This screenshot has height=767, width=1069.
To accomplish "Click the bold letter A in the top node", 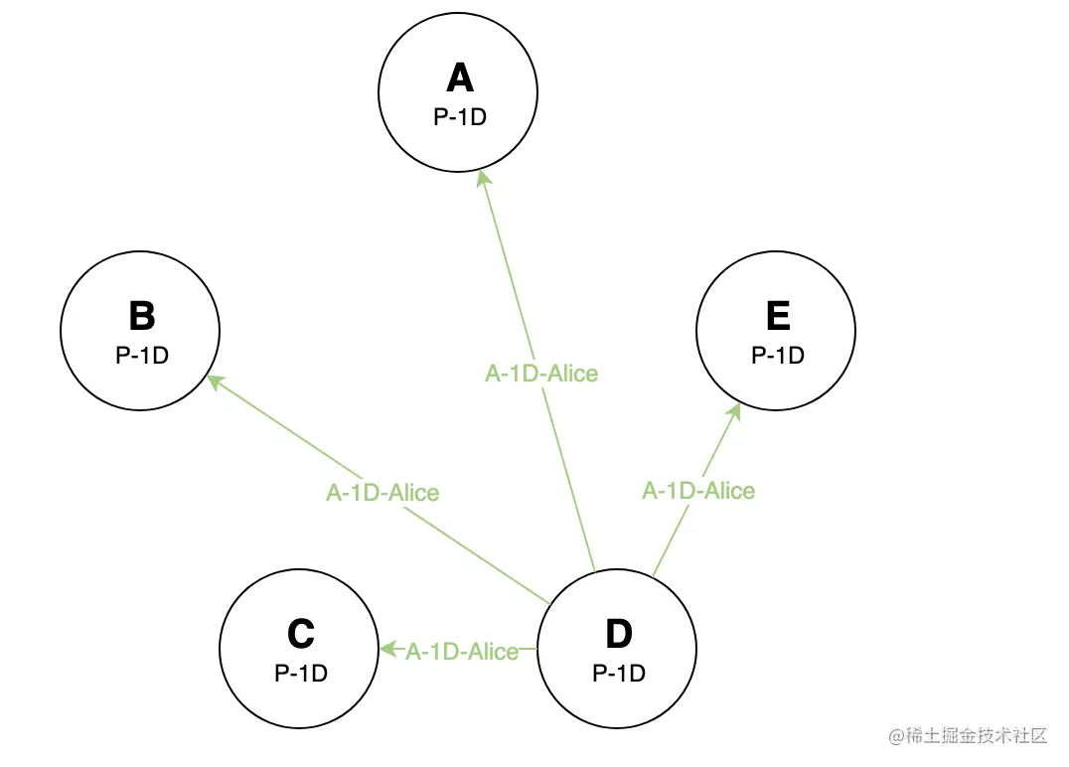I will [x=459, y=77].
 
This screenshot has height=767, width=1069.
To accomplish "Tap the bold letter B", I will [x=141, y=316].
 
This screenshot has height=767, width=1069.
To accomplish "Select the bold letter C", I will [x=300, y=633].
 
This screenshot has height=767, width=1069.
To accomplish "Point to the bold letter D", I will [x=618, y=633].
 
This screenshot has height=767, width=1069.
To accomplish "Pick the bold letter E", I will [x=777, y=316].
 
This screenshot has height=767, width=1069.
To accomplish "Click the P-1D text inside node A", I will [x=459, y=116].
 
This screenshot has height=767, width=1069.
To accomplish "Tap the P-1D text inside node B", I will [x=141, y=355].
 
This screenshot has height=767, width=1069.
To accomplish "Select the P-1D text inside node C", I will [x=300, y=673].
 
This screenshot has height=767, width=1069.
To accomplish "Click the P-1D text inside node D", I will [x=618, y=673].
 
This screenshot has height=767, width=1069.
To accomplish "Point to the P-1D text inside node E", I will [x=777, y=355].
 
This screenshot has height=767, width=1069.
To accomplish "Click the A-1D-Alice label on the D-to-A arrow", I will [x=541, y=374].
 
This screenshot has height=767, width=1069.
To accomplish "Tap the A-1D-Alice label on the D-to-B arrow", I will [x=382, y=492].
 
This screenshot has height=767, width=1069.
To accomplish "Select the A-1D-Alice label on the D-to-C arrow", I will [x=462, y=652].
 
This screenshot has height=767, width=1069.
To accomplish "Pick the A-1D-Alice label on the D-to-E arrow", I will [x=698, y=491].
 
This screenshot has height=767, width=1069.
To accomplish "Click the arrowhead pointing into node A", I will [x=483, y=179].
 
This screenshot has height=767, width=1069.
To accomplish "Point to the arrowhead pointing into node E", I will [x=734, y=412].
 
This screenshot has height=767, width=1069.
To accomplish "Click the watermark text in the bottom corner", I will [x=969, y=736].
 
